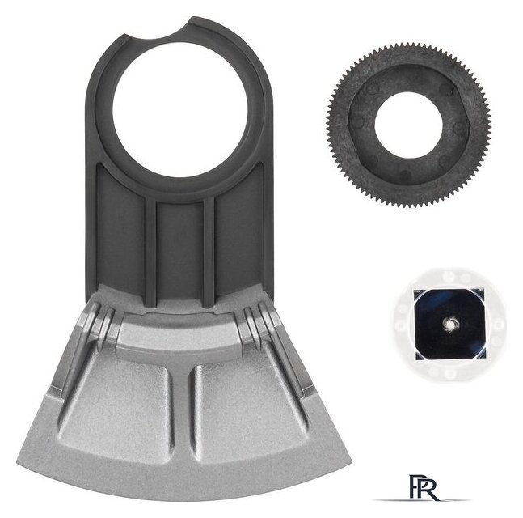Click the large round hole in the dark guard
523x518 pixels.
click(179, 110)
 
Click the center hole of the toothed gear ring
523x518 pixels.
click(408, 125)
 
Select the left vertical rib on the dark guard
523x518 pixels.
click(150, 251)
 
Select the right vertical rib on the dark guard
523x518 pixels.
click(209, 251)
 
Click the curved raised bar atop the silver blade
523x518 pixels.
click(180, 329)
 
